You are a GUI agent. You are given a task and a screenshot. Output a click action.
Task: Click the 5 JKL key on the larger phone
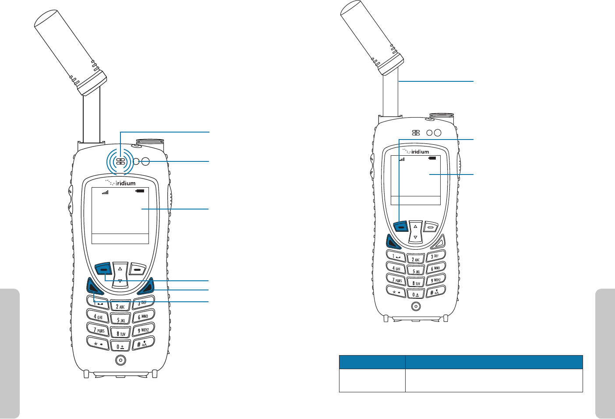click(120, 320)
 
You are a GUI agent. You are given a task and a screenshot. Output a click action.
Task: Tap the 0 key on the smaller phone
click(415, 294)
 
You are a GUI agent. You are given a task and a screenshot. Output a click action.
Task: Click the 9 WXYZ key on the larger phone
click(143, 330)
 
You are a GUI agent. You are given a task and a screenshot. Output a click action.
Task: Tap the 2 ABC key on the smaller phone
click(416, 259)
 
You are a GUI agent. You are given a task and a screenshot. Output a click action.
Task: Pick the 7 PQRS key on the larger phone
click(99, 330)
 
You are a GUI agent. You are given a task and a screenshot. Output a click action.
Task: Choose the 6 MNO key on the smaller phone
click(435, 268)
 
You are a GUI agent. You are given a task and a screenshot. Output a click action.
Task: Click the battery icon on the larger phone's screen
click(140, 191)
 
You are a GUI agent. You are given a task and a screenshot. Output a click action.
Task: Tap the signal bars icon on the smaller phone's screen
click(402, 160)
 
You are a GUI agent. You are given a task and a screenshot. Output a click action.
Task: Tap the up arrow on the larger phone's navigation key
click(120, 269)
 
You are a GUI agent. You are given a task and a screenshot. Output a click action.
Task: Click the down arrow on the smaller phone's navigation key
click(415, 237)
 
